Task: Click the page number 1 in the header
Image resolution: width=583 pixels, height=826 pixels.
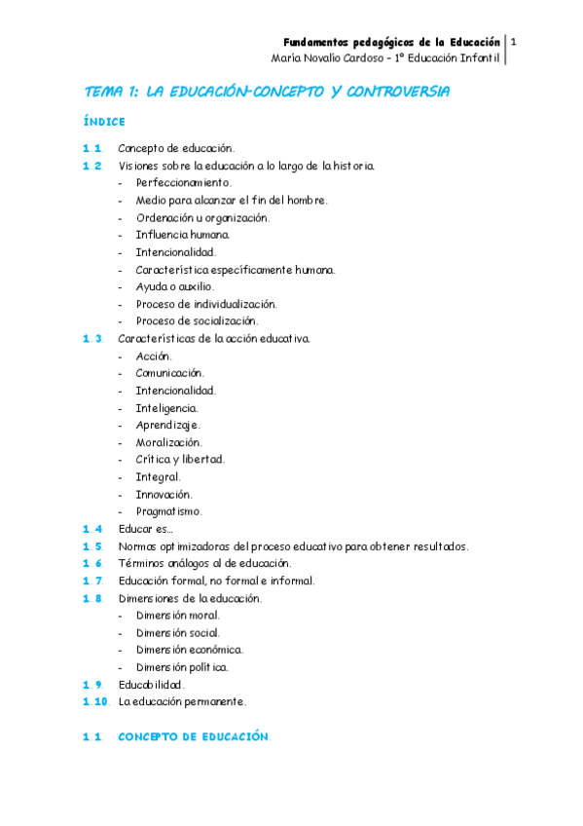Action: click(x=513, y=42)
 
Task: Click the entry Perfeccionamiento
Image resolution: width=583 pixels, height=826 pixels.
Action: click(x=184, y=182)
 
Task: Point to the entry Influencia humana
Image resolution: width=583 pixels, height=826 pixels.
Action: click(x=183, y=235)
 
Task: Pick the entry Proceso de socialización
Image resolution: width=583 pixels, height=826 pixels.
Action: click(x=198, y=320)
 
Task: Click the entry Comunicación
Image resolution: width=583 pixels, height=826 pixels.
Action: click(x=170, y=373)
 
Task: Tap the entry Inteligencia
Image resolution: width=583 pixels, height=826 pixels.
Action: click(x=167, y=408)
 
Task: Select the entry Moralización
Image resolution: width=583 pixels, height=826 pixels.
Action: click(x=169, y=443)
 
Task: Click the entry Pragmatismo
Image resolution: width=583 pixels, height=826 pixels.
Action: click(x=169, y=511)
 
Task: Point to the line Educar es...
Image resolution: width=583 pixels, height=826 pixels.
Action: click(x=145, y=529)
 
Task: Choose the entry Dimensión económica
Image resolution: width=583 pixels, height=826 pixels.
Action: click(x=190, y=650)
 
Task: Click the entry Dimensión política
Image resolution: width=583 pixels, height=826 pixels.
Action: click(x=183, y=667)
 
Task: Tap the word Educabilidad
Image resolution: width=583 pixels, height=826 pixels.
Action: click(x=151, y=685)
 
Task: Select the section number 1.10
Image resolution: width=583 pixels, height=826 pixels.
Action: click(x=95, y=701)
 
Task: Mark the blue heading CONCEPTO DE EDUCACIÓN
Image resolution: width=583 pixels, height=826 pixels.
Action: click(x=193, y=737)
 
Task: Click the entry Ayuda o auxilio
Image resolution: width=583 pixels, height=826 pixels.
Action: click(x=175, y=287)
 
